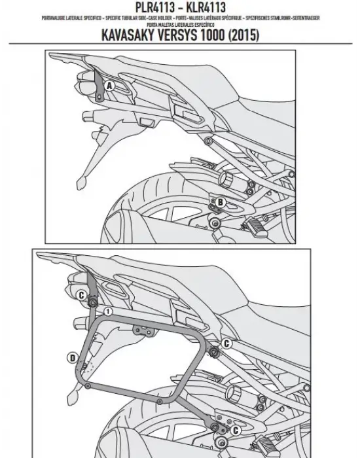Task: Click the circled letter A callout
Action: (x=109, y=86)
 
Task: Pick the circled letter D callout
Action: (x=70, y=357)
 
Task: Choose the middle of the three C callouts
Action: (x=226, y=343)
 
